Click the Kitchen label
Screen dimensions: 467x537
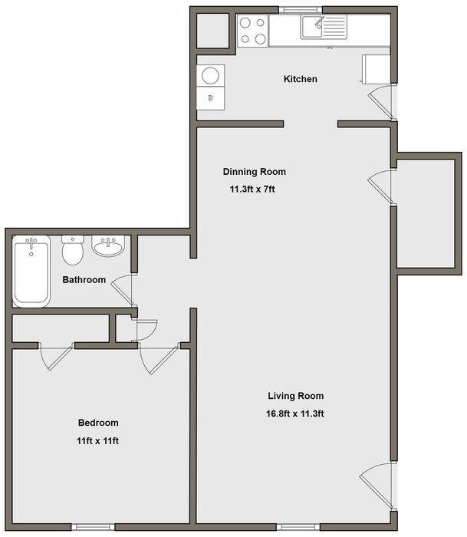[301, 79]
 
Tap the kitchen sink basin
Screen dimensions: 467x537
[312, 27]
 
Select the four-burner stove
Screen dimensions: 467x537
[253, 31]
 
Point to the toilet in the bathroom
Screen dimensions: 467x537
[73, 250]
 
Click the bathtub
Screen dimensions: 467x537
[31, 271]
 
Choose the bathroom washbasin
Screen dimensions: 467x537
[108, 246]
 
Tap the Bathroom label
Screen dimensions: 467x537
[84, 280]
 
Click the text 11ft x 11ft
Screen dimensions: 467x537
[97, 441]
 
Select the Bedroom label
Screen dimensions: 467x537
[98, 423]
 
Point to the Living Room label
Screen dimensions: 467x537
[296, 396]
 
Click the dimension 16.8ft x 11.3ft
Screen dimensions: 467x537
[295, 413]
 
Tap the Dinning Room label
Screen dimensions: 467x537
[255, 172]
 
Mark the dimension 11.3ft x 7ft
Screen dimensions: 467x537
[252, 189]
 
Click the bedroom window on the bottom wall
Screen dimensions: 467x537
[93, 526]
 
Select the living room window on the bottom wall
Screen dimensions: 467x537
[298, 526]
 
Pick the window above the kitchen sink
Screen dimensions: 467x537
[301, 10]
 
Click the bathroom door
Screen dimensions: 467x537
[122, 291]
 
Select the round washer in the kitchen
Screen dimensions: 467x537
[211, 75]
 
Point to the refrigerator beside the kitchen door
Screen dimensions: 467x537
[376, 68]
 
